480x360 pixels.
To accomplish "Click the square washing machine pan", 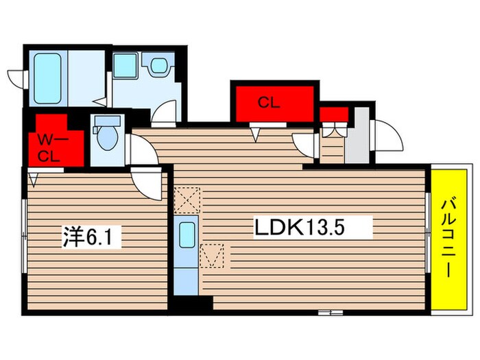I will (x=125, y=66).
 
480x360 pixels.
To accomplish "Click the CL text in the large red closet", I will (x=269, y=104).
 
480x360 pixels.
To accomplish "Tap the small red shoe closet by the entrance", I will (x=333, y=114).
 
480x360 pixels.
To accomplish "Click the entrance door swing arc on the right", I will (x=387, y=134).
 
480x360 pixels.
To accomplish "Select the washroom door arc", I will (x=165, y=112).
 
